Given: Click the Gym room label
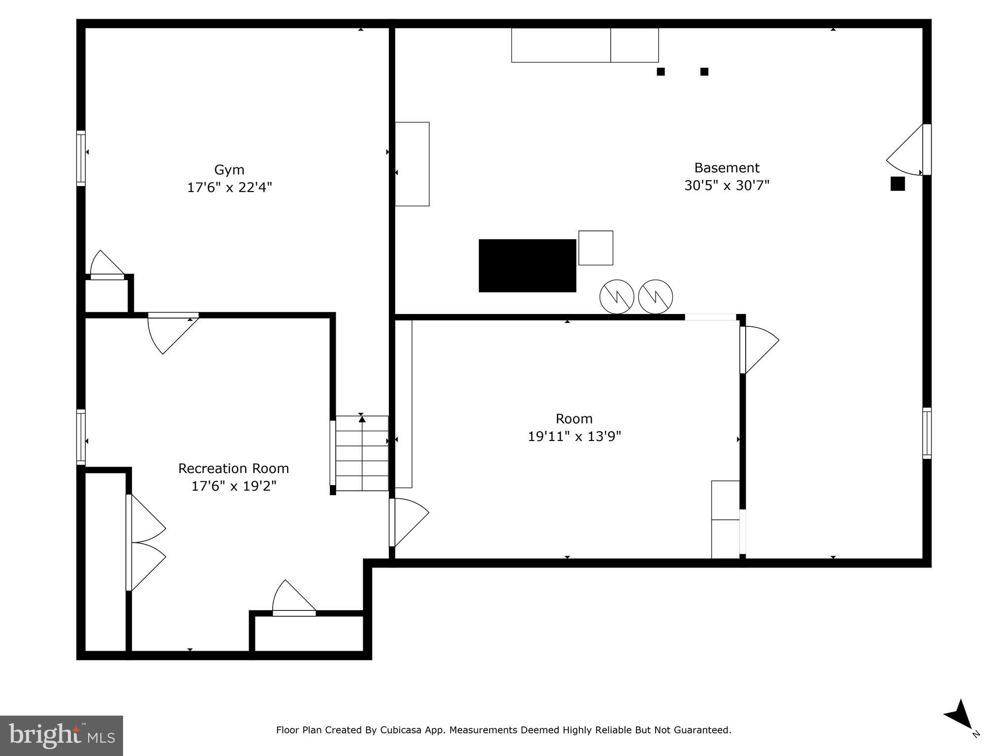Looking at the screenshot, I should [x=229, y=170].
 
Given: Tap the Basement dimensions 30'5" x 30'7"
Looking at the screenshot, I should [x=726, y=186].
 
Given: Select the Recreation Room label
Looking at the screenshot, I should [x=233, y=468].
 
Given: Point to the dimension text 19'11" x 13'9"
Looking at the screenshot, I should [x=574, y=437].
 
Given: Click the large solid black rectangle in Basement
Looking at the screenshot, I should [x=527, y=266].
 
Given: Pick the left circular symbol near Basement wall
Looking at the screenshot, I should [x=616, y=297].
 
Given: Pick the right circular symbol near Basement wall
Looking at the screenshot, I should [x=655, y=297].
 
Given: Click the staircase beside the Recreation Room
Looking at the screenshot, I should [x=362, y=453].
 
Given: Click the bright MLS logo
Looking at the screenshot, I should [x=61, y=735].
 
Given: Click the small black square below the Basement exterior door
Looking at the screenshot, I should [x=897, y=184].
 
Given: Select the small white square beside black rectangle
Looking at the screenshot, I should [x=596, y=248].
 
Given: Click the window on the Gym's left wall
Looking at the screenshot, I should [x=81, y=158].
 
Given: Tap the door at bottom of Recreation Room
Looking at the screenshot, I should [x=294, y=600].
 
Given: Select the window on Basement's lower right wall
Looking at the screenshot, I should [x=927, y=433].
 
